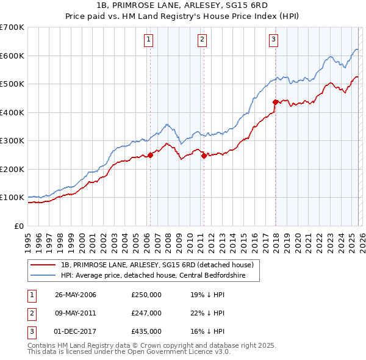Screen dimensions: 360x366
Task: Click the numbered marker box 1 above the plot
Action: tap(149, 40)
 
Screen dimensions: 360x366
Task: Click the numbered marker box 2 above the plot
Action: tap(202, 40)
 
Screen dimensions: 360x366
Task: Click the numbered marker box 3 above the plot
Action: tap(274, 40)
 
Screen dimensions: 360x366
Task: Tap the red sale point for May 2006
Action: tap(150, 155)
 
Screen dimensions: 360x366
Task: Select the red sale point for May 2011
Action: tap(204, 156)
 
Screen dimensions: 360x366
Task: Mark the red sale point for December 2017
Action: tap(275, 103)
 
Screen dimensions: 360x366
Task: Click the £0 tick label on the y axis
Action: tap(18, 226)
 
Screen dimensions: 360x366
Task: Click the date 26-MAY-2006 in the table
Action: tap(76, 295)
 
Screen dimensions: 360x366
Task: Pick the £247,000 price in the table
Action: tap(146, 313)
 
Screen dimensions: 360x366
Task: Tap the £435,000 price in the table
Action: tap(146, 331)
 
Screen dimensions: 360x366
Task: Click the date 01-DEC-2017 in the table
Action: tap(76, 331)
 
